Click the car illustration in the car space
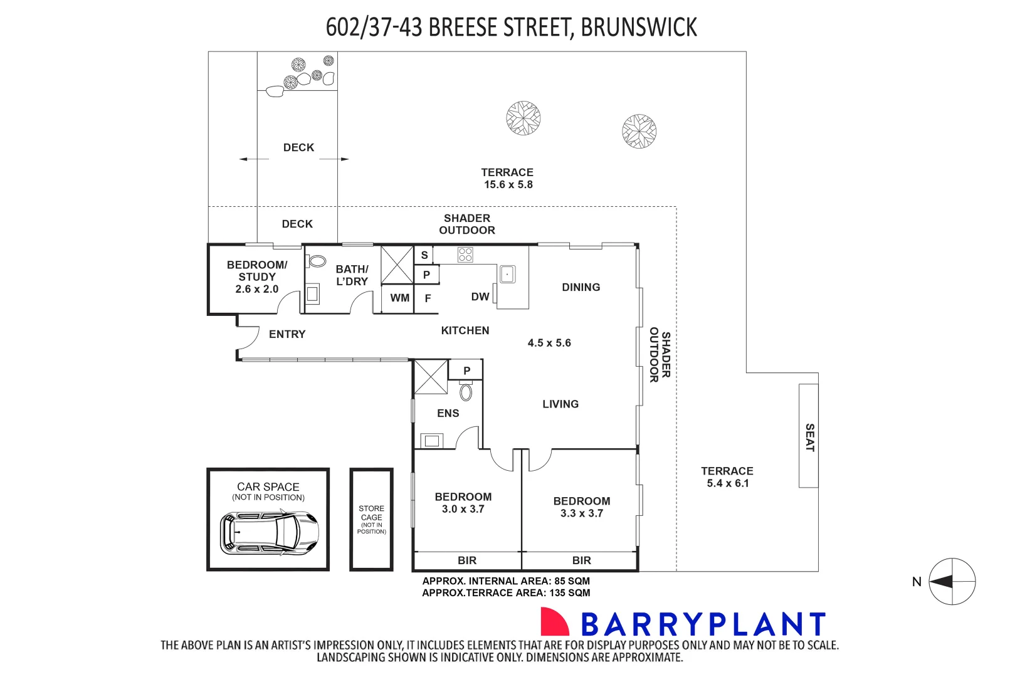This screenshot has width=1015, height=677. pos(269,533)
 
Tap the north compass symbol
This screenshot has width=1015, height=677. pos(951,582)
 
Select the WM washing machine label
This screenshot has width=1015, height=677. pos(399,298)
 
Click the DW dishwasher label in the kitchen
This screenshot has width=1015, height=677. pos(480,297)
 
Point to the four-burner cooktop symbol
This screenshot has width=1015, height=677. pos(465,255)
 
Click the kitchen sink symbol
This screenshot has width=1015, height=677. pos(507,275)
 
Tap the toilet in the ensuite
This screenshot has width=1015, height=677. pos(466,392)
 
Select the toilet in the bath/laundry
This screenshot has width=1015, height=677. pos(317,261)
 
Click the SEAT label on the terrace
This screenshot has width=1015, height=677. pos(809,437)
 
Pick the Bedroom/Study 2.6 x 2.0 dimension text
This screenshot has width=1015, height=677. pos(257,289)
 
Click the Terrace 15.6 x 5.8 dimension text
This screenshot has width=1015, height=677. pos(508,184)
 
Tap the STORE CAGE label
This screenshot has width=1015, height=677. pos(372,513)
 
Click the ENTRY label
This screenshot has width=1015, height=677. pos(287,334)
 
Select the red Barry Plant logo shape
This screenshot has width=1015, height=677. pos(554,622)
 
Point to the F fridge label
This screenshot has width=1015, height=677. pos(428,298)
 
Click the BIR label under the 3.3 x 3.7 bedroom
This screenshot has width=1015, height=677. pos(581,560)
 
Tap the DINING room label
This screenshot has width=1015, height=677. pos(581,287)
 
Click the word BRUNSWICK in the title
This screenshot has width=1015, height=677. pos(638,28)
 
